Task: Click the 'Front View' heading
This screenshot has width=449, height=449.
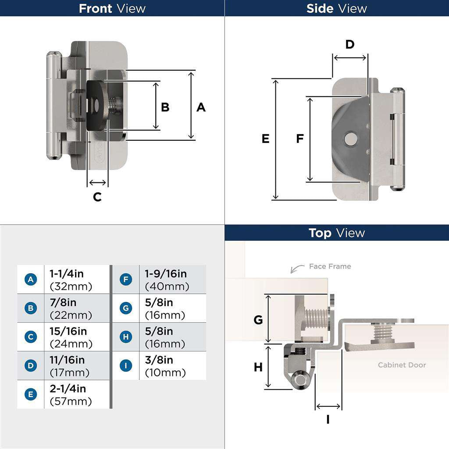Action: pos(112,8)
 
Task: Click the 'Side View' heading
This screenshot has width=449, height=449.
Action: pos(336,8)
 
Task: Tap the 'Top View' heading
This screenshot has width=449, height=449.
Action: pos(336,233)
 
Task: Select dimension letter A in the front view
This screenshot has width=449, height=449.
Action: pos(201,107)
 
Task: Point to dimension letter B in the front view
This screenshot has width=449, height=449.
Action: pos(165,107)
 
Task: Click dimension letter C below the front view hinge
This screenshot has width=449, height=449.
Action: pos(97,197)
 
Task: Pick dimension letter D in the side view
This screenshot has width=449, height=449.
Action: pos(349,44)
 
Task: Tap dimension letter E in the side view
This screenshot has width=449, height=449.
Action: pos(265,139)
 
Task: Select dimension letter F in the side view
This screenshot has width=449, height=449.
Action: pos(300,139)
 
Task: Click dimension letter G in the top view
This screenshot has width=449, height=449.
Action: pos(258,320)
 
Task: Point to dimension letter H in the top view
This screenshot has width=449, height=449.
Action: pos(258,367)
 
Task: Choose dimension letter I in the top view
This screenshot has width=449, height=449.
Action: pos(328,420)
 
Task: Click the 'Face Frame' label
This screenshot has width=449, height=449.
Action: pos(330,266)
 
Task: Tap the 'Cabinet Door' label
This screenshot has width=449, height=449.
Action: pos(402,365)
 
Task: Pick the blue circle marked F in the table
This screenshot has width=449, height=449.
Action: pos(126,280)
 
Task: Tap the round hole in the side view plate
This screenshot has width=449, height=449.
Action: pos(350,139)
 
